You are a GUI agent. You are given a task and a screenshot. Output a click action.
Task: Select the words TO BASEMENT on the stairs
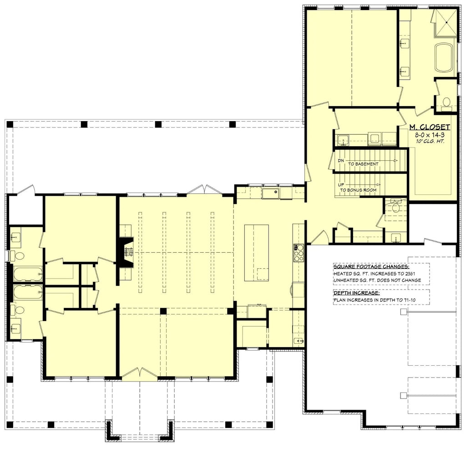(x=364, y=163)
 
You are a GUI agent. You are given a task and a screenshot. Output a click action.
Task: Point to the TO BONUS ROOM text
(x=365, y=190)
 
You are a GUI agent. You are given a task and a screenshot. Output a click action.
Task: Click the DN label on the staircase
(x=340, y=161)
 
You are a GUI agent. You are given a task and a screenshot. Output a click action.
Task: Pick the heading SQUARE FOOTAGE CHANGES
(x=371, y=266)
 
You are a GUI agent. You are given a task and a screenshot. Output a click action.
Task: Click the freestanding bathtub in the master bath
(x=444, y=57)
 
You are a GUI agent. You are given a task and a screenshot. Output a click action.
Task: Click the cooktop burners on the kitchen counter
(x=299, y=253)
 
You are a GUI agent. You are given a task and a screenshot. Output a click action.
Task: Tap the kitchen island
(x=257, y=253)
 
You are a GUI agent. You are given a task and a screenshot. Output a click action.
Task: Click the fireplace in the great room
(x=125, y=251)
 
